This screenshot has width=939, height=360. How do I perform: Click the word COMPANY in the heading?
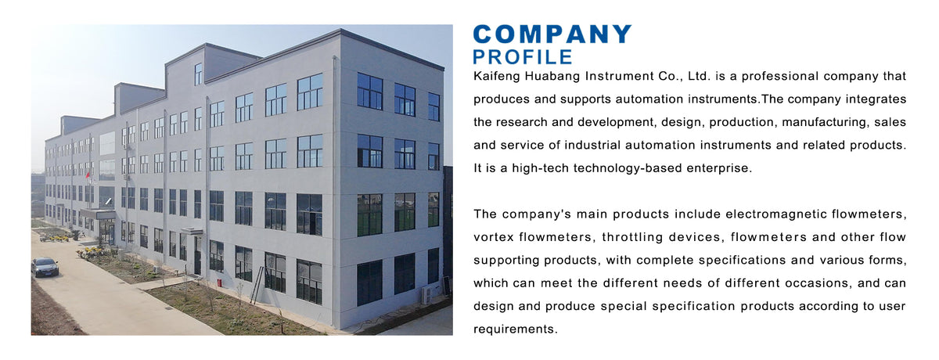[x=552, y=34]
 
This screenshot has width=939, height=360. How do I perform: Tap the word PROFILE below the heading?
[x=523, y=57]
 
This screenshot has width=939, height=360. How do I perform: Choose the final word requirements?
[x=516, y=329]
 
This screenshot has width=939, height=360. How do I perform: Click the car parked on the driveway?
[x=45, y=267]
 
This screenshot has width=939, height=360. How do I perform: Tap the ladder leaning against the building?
[x=256, y=286]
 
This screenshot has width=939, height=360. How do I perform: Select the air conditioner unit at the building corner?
[x=427, y=295]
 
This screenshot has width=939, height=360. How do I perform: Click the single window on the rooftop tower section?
[x=198, y=74]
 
